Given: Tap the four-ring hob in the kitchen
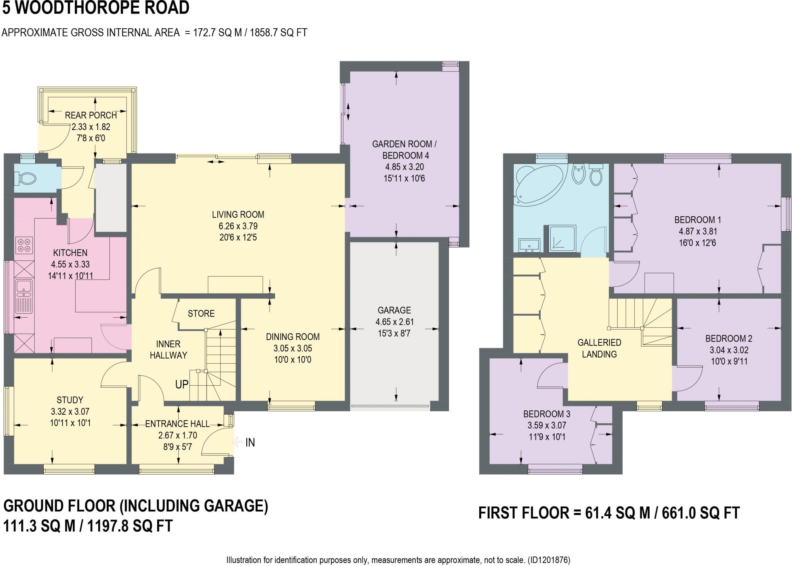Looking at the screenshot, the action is (24, 245).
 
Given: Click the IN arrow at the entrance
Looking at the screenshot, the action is (237, 442).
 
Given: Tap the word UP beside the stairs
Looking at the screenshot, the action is (182, 384).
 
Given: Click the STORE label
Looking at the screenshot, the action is (201, 313).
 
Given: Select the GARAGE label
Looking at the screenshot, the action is (394, 310).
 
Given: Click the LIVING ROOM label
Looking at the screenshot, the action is (238, 214).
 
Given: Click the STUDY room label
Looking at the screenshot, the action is (70, 400).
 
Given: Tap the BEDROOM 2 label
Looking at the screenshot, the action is (729, 339).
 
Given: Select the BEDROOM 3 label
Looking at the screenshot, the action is (547, 414).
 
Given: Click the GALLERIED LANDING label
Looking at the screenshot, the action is (599, 348).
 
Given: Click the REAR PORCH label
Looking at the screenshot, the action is (91, 115).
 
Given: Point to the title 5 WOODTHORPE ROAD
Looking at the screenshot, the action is (96, 8).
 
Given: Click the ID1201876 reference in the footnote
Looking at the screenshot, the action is (548, 560).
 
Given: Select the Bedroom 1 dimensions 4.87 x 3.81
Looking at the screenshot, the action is (698, 231).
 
